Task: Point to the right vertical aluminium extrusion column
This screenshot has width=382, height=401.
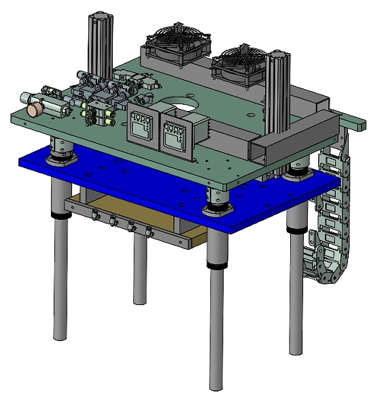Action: point(279,95)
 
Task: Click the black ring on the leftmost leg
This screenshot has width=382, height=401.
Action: point(60,216)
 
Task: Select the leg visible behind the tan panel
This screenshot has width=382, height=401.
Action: point(139,272)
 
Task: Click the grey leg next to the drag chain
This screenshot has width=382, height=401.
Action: point(296,286)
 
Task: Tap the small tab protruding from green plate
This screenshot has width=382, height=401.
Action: point(355,124)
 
